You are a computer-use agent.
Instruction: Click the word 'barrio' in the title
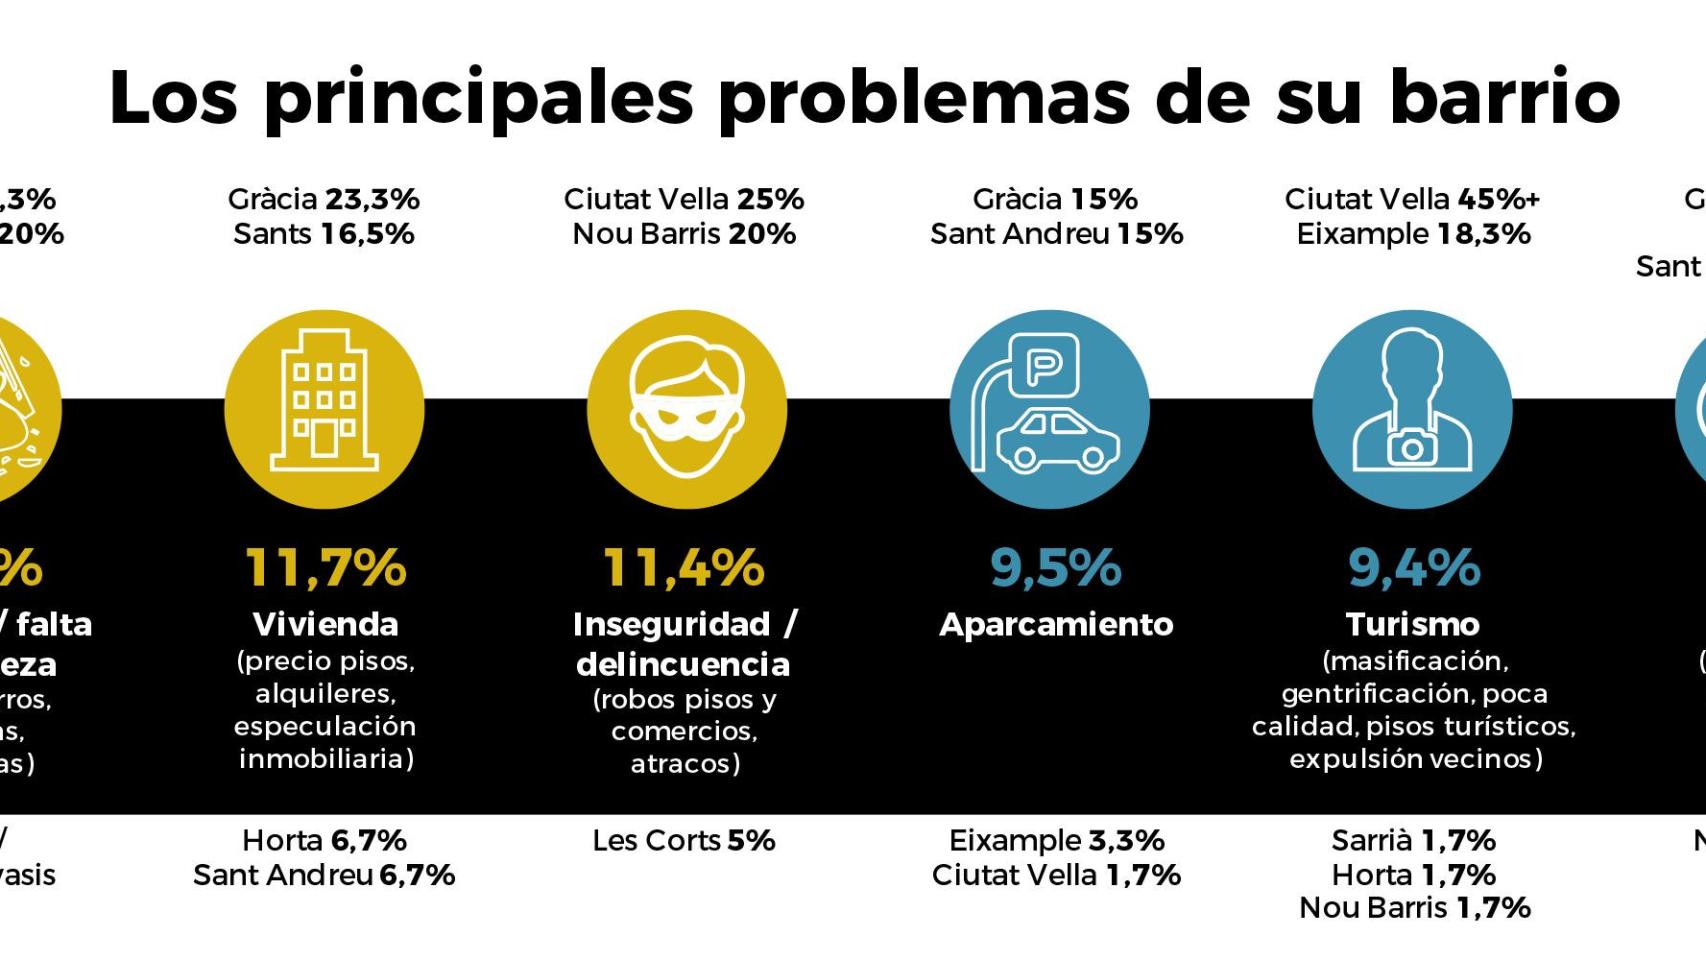pyautogui.click(x=1504, y=97)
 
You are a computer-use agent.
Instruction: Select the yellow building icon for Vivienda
pyautogui.click(x=324, y=409)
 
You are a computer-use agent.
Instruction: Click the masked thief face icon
pyautogui.click(x=686, y=409)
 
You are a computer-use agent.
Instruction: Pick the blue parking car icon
pyautogui.click(x=1049, y=409)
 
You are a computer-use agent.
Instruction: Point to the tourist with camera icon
pyautogui.click(x=1412, y=409)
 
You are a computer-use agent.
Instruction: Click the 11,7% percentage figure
pyautogui.click(x=326, y=567)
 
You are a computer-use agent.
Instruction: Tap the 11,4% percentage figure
pyautogui.click(x=684, y=567)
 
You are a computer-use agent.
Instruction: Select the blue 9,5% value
pyautogui.click(x=1056, y=567)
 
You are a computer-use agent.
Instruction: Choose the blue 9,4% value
pyautogui.click(x=1413, y=567)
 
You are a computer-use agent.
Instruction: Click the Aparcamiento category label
pyautogui.click(x=1056, y=624)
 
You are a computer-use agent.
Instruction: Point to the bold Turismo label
pyautogui.click(x=1412, y=624)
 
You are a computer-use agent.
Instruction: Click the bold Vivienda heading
pyautogui.click(x=326, y=624)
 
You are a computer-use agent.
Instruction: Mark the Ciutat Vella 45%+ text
pyautogui.click(x=1412, y=199)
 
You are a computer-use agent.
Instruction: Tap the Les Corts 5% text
pyautogui.click(x=684, y=840)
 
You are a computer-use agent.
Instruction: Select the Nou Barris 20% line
pyautogui.click(x=684, y=234)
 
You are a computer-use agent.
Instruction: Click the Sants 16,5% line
pyautogui.click(x=324, y=234)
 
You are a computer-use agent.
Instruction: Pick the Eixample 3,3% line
pyautogui.click(x=1056, y=840)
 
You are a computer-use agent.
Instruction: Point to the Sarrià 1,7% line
pyautogui.click(x=1413, y=840)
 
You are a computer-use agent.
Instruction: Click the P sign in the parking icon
pyautogui.click(x=1044, y=366)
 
